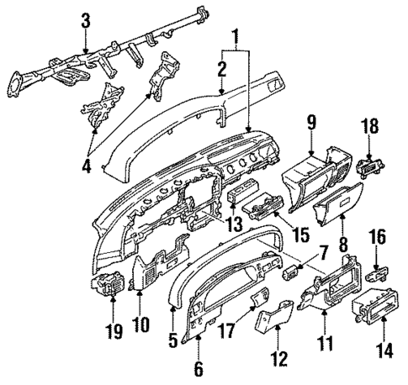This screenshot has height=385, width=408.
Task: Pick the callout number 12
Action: pyautogui.click(x=278, y=360)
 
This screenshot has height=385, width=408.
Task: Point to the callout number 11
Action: pyautogui.click(x=325, y=342)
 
